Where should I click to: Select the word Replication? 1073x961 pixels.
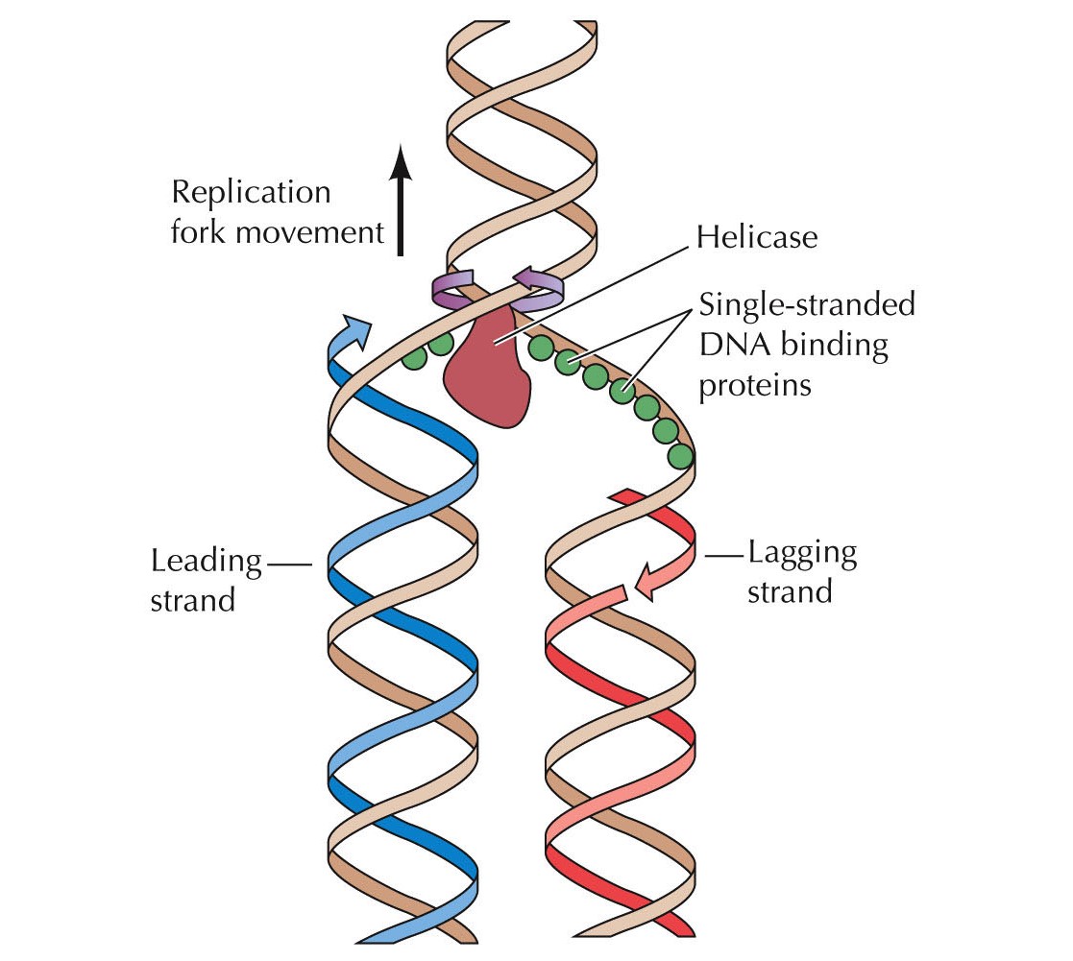tap(251, 192)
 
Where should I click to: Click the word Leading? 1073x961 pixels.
tap(207, 560)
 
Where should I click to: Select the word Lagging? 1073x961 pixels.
tap(802, 552)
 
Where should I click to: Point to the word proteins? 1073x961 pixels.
tap(756, 384)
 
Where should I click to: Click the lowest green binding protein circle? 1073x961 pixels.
tap(680, 455)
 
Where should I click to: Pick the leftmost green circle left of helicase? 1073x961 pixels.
tap(414, 357)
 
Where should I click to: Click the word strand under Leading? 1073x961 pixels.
tap(193, 600)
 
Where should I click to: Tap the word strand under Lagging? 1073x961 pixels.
tap(790, 591)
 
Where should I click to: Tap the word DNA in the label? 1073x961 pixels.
tap(732, 346)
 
